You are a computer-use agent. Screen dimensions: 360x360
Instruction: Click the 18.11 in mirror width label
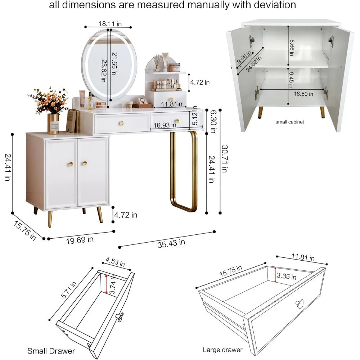pos(110,24)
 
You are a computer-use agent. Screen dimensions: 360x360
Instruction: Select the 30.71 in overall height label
pos(224,159)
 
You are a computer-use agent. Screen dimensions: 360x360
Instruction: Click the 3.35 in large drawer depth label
pos(286,277)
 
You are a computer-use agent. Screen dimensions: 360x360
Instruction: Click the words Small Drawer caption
pos(51,351)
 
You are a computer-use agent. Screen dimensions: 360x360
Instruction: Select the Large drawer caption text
pos(223,350)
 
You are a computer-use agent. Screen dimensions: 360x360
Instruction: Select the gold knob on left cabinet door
pos(71,164)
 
